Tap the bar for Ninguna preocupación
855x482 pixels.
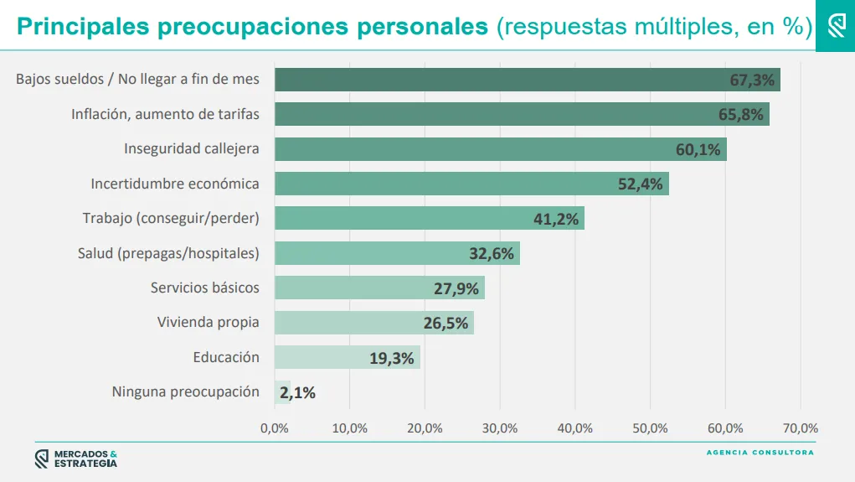point(281,391)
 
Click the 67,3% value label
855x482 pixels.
point(752,80)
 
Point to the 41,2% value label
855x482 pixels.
point(556,219)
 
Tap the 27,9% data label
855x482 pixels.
point(456,288)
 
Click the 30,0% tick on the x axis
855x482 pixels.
point(500,428)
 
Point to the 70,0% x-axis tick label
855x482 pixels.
point(800,428)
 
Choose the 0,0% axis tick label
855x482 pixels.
point(275,428)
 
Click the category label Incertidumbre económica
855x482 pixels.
point(175,184)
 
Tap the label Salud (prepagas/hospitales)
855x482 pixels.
point(168,253)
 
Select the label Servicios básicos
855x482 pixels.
point(205,288)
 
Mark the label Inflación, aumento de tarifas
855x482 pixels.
point(165,114)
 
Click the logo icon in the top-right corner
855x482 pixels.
point(836,26)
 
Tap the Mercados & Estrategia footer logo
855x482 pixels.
point(76,459)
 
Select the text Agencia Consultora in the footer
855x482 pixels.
point(760,453)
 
